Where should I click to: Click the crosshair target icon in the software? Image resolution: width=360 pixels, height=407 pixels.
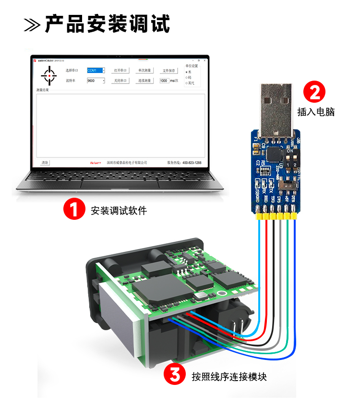(48, 75)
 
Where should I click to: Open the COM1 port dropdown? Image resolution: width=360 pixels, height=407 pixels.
(96, 71)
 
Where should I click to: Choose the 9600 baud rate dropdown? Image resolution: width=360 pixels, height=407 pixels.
(96, 81)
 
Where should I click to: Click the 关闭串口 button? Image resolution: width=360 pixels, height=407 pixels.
(120, 81)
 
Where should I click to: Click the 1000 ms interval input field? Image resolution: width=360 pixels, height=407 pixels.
(164, 81)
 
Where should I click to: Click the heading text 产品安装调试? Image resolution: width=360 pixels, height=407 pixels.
(108, 24)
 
